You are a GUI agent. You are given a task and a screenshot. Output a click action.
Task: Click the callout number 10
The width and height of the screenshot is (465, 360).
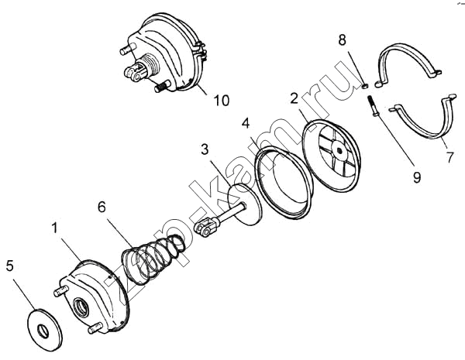click(x=222, y=101)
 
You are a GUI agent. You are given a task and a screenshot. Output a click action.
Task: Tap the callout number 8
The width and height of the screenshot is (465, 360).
click(x=343, y=39)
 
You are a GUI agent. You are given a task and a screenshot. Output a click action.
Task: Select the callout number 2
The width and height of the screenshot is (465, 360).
click(x=294, y=98)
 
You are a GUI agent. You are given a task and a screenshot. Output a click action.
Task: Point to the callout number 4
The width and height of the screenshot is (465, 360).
click(x=246, y=123)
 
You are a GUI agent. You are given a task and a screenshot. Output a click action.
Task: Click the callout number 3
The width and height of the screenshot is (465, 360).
click(x=205, y=149)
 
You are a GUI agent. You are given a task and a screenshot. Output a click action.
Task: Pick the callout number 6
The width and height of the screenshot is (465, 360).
click(x=102, y=207)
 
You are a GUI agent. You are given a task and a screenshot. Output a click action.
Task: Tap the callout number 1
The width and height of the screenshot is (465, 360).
click(x=54, y=228)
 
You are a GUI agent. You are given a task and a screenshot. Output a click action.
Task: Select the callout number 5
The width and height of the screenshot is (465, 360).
click(x=10, y=266)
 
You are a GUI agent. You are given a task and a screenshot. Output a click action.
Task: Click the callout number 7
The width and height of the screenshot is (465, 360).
click(x=450, y=157)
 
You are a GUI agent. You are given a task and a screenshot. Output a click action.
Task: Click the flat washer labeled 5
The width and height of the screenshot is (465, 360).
click(x=45, y=330)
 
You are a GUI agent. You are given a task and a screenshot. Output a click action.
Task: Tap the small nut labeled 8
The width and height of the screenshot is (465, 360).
click(x=365, y=86)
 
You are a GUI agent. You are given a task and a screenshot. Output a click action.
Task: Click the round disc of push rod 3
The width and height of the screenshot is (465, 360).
click(x=245, y=205)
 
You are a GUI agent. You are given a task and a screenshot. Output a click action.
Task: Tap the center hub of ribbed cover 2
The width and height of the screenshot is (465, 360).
click(x=339, y=150)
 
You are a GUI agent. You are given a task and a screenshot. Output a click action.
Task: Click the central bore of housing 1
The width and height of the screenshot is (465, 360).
click(x=81, y=307)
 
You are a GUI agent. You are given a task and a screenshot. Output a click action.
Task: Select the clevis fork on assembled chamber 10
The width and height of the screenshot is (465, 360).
click(x=135, y=72)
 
